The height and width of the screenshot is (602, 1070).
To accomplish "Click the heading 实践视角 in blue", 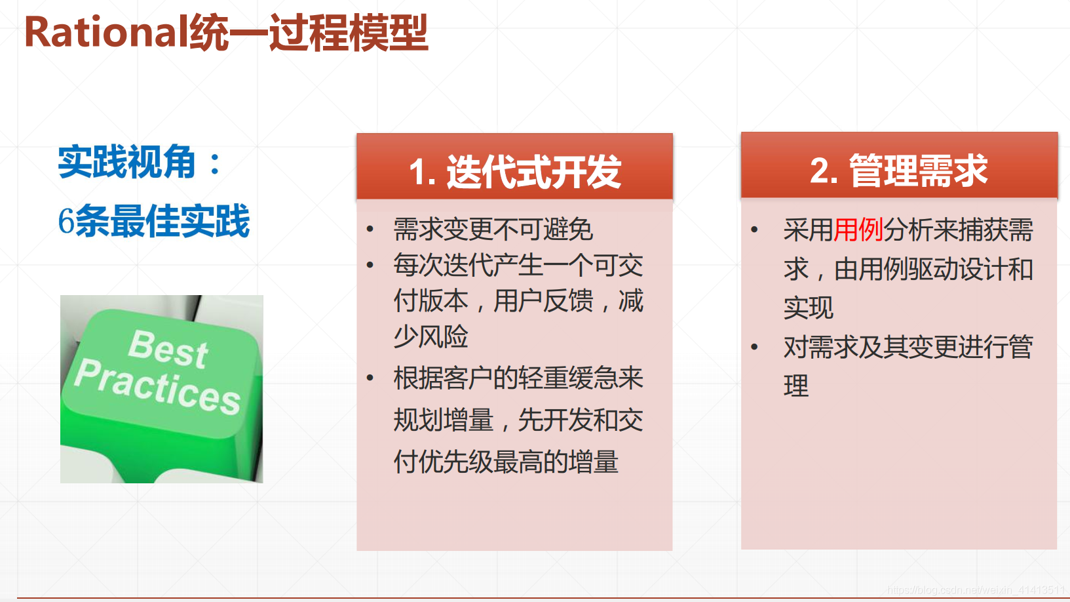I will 126,162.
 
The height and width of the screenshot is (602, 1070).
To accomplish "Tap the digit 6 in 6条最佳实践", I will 66,221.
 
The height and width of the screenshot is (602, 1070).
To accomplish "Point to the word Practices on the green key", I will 157,386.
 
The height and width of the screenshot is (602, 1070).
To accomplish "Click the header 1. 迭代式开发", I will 514,172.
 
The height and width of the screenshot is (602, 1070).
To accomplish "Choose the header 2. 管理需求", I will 898,171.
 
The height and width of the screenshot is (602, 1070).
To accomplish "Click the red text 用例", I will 858,230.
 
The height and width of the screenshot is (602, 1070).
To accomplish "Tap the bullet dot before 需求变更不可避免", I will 370,230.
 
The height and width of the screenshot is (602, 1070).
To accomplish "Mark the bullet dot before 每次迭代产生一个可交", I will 370,266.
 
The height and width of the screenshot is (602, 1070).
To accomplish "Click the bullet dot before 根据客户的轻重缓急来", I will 370,378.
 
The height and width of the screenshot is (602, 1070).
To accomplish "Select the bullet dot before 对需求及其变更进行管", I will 754,347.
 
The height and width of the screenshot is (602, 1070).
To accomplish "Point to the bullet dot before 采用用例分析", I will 754,230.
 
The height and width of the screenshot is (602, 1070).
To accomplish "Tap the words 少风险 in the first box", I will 430,336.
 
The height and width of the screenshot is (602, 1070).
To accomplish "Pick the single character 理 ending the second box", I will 796,386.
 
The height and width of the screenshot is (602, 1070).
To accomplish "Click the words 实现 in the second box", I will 809,308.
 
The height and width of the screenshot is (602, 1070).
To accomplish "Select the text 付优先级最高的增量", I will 506,462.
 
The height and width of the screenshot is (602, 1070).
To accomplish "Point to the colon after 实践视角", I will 214,163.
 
